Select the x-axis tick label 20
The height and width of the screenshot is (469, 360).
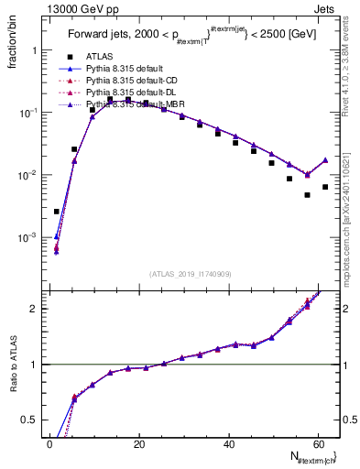[138, 443]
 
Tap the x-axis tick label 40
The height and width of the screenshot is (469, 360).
[227, 443]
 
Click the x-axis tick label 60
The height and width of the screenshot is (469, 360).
[317, 443]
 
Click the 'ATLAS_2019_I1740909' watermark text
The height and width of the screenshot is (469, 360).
[183, 274]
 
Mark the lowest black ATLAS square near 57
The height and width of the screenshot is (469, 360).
[308, 194]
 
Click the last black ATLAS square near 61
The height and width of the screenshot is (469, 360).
[325, 187]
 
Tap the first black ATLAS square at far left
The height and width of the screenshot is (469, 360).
[57, 212]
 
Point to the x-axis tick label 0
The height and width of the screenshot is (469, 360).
[49, 443]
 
